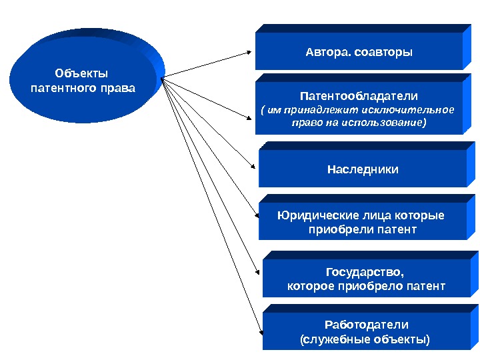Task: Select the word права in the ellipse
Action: [113, 88]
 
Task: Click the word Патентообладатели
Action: [359, 96]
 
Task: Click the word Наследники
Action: [363, 169]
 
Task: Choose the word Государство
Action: [365, 272]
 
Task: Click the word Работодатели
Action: [366, 325]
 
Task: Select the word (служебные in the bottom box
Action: [336, 339]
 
